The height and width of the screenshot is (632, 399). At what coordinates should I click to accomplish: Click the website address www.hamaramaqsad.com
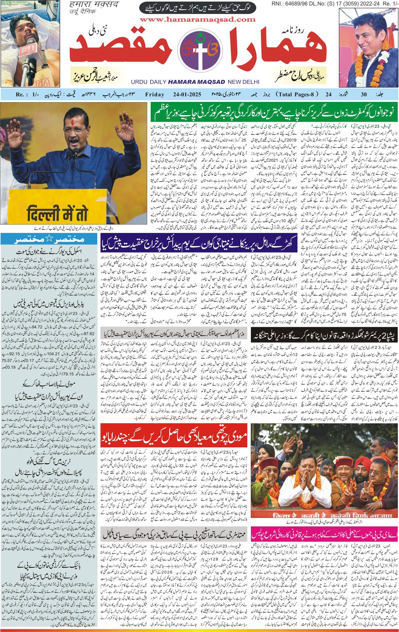[x=198, y=20]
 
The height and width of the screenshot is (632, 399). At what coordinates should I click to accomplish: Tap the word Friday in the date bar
[x=155, y=94]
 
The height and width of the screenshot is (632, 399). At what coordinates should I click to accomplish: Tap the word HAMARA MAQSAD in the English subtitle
[x=196, y=82]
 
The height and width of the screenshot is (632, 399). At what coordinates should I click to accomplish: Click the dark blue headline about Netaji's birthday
[x=199, y=243]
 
